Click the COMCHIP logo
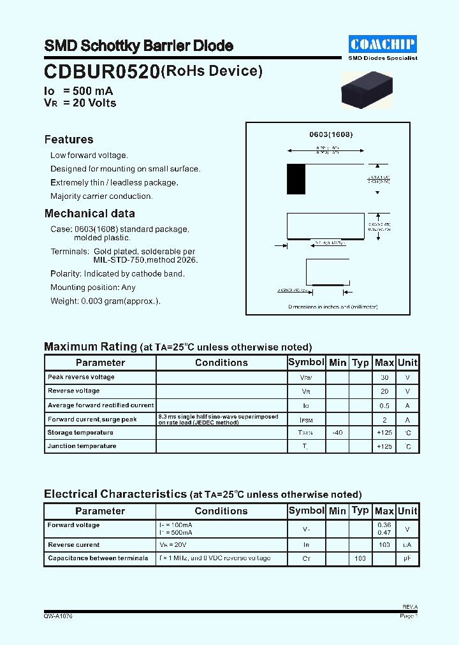(x=382, y=44)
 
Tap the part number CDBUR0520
(x=101, y=72)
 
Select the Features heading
(x=69, y=140)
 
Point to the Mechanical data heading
(x=89, y=214)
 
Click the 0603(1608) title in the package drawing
(x=331, y=134)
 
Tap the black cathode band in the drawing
(x=296, y=179)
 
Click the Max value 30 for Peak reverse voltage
(x=384, y=377)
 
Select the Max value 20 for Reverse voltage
(x=384, y=391)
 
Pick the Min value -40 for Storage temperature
(x=337, y=433)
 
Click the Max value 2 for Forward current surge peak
(x=384, y=419)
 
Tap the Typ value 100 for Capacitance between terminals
(x=360, y=558)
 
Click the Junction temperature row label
(x=82, y=446)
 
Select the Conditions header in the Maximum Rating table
(x=221, y=363)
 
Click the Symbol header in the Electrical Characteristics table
(x=306, y=511)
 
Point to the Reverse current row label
(x=73, y=545)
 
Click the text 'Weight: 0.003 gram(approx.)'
(x=105, y=301)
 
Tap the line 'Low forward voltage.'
(x=89, y=156)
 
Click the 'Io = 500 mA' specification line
(x=78, y=91)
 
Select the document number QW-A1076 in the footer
(x=58, y=616)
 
